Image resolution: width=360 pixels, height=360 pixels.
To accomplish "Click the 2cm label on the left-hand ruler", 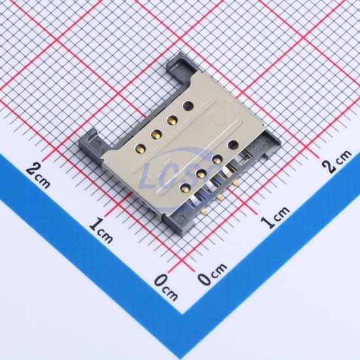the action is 38,175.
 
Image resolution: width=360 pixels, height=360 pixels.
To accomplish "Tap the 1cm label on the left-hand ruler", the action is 101,230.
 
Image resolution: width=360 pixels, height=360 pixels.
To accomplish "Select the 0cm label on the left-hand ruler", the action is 166,287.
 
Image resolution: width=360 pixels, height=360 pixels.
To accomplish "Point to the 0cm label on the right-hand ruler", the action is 212,274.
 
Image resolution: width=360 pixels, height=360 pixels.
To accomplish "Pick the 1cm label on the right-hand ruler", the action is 275,217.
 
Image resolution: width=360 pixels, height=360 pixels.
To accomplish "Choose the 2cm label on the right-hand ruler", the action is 337,161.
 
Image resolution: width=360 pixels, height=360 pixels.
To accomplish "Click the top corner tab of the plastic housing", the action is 180,67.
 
